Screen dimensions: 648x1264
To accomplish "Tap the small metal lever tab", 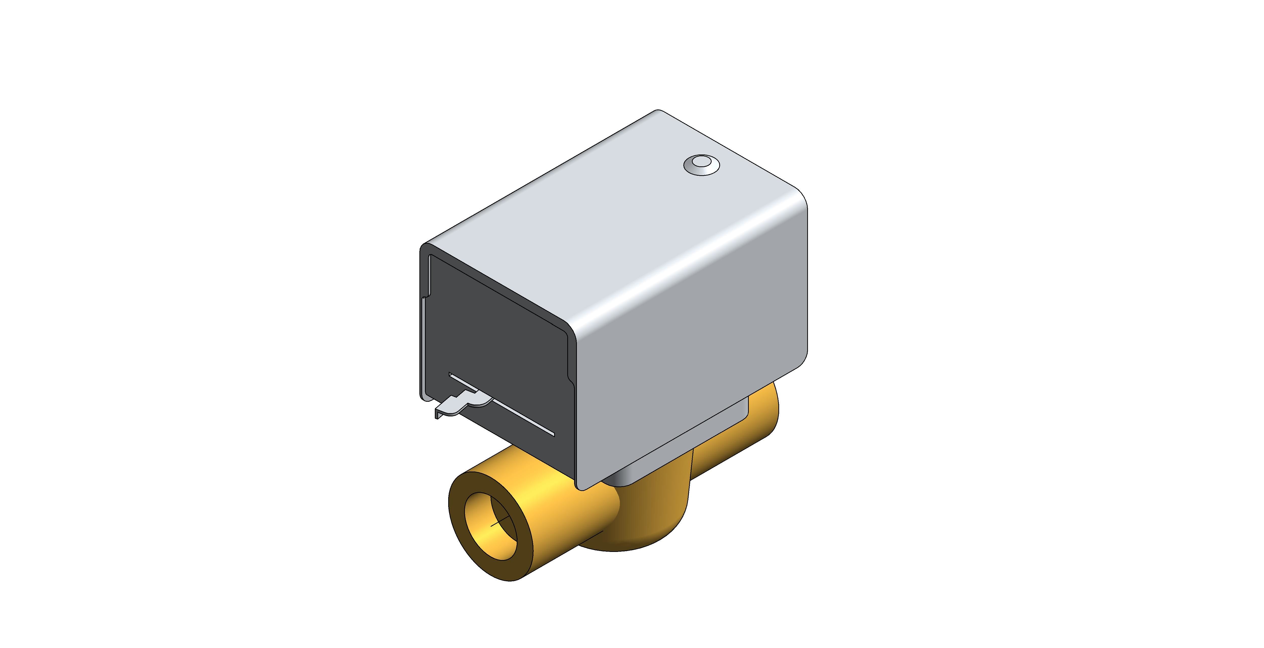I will coord(456,403).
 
